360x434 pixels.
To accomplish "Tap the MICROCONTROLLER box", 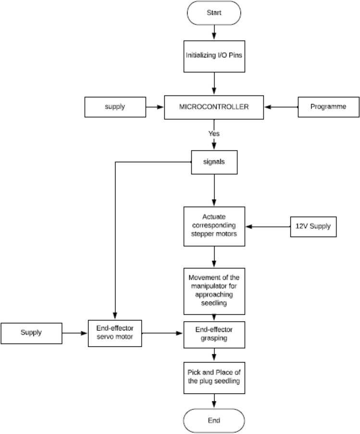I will tap(214, 107).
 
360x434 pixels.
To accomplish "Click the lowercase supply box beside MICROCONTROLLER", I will tap(114, 107).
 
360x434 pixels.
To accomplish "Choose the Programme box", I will tap(328, 107).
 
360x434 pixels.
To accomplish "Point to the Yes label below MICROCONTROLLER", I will tap(214, 133).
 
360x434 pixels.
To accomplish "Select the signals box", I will tap(214, 161).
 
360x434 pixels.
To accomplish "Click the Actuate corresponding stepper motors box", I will tap(214, 226).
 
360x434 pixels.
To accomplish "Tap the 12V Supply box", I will tap(313, 226).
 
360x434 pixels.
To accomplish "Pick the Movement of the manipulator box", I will tap(214, 291).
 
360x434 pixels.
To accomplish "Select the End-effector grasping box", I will tap(214, 334).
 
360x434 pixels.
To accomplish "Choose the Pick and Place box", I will tap(214, 377).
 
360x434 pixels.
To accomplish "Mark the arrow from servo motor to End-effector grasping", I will tap(163, 333).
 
